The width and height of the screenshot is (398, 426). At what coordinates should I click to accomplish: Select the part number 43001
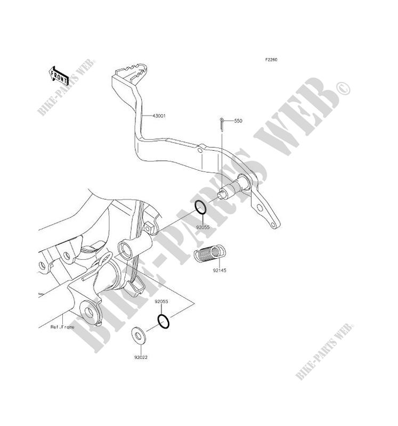coord(159,115)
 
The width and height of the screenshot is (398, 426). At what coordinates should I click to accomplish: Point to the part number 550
coord(238,121)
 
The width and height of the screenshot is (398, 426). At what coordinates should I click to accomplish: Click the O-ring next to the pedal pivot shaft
coord(200,208)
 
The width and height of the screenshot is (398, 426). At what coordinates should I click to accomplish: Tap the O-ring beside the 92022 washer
coord(164,322)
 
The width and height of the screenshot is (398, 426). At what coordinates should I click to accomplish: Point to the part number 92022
coord(141,357)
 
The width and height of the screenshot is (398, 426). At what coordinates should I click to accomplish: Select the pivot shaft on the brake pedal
coord(234,189)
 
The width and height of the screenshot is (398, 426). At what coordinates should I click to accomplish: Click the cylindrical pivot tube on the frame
coord(134,248)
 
